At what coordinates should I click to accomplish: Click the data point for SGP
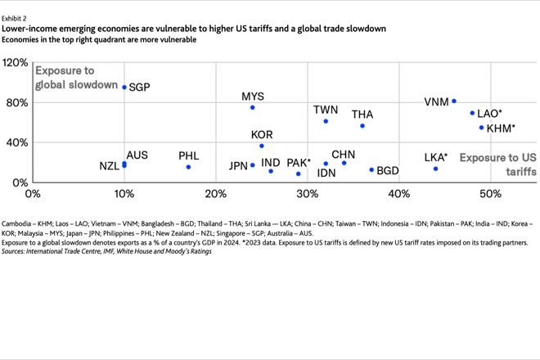[124, 87]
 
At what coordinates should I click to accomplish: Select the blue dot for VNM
[454, 101]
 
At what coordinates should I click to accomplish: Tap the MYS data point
[253, 107]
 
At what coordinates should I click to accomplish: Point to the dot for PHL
[188, 167]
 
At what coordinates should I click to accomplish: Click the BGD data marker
[371, 170]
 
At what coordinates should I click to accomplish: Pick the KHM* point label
[500, 128]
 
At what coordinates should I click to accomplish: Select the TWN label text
[326, 110]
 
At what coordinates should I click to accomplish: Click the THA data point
[362, 126]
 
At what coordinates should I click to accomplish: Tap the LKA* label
[436, 157]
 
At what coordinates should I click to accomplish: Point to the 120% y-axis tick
[16, 63]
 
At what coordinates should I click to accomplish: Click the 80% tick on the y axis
[18, 103]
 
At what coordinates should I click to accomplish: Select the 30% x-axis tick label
[307, 194]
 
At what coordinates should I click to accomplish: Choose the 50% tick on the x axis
[490, 194]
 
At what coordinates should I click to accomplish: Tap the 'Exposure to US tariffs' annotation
[497, 164]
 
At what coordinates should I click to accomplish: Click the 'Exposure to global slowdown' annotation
[76, 78]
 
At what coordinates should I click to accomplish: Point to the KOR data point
[262, 146]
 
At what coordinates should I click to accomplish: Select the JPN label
[238, 165]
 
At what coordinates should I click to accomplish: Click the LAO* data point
[472, 113]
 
